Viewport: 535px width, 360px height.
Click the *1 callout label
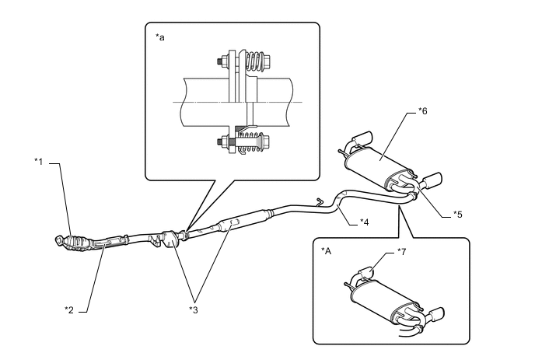[39, 161]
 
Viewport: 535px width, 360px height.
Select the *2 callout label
[69, 309]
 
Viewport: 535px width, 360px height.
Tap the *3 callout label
[194, 309]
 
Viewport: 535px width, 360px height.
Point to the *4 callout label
[365, 222]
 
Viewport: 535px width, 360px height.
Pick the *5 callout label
[457, 215]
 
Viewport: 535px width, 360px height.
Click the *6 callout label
[423, 111]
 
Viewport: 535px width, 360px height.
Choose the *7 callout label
[402, 252]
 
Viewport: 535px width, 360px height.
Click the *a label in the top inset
[160, 37]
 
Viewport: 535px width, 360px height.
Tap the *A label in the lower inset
[326, 251]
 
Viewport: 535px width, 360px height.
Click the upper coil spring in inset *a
[254, 61]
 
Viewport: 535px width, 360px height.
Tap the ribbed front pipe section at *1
[78, 243]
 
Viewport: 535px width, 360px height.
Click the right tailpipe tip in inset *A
[437, 313]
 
